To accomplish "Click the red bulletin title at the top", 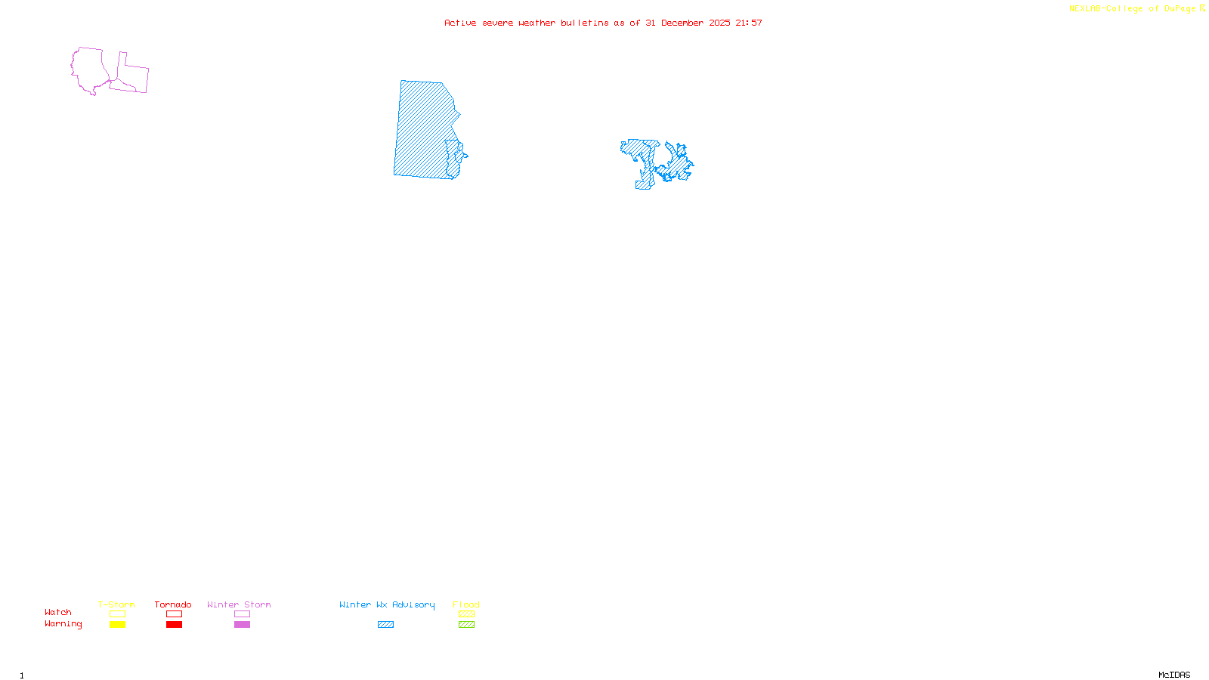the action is point(603,23).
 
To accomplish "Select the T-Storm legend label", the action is point(116,604).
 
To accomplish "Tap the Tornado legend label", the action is point(173,604).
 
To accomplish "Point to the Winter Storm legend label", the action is point(239,604).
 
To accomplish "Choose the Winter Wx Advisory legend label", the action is point(387,604).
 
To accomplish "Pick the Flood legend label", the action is point(466,604).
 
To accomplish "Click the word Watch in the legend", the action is point(58,613).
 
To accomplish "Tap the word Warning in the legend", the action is point(63,624).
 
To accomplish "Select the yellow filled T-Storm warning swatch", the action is point(117,625).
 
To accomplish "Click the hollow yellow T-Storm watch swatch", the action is point(117,614).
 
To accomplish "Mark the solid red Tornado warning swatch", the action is point(175,625).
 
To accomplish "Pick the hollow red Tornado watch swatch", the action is point(175,614).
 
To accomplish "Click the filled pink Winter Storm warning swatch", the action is point(242,625).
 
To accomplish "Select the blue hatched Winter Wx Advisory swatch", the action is point(385,625).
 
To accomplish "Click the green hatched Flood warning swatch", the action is point(466,625).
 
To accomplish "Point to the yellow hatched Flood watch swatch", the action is point(466,614).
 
